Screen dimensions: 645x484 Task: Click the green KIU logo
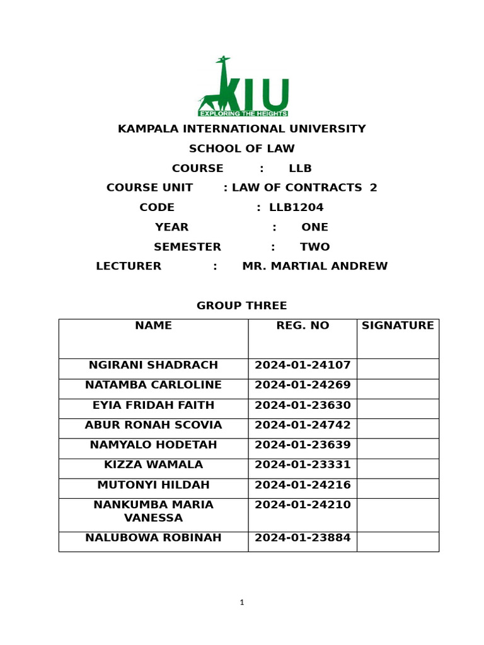tap(243, 88)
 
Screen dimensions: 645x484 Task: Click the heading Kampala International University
tap(242, 129)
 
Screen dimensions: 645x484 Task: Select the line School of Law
tap(242, 149)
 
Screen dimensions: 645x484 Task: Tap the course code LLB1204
tap(296, 207)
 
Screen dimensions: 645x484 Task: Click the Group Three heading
tap(242, 305)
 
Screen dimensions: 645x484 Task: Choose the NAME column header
tap(153, 326)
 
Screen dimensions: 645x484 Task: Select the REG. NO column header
tap(302, 326)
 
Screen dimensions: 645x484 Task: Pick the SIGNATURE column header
tap(398, 326)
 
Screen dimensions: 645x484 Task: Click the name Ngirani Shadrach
tap(153, 365)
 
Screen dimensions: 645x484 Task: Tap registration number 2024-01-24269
tap(302, 385)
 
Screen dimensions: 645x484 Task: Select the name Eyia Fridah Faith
tap(153, 405)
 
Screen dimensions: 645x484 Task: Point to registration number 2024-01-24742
tap(302, 425)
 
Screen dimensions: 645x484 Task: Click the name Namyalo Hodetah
tap(153, 445)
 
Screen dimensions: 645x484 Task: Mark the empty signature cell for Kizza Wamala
tap(398, 468)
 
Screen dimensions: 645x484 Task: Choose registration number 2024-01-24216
tap(302, 485)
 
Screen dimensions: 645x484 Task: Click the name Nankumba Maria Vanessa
tap(153, 511)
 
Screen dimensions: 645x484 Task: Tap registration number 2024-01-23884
tap(302, 538)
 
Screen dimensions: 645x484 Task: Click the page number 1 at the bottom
tap(242, 603)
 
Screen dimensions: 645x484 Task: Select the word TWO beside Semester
tap(315, 247)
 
